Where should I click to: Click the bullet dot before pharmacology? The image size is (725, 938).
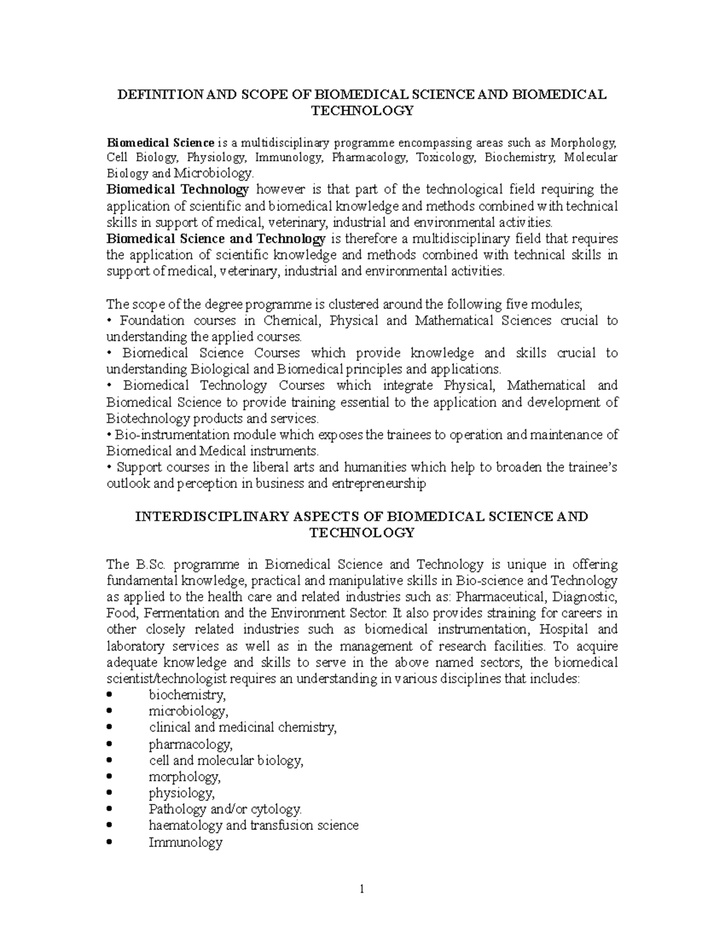[x=109, y=745]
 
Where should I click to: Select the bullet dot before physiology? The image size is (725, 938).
[x=109, y=794]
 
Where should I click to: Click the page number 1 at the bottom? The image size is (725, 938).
[x=362, y=889]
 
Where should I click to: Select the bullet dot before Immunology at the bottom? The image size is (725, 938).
[x=109, y=843]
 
